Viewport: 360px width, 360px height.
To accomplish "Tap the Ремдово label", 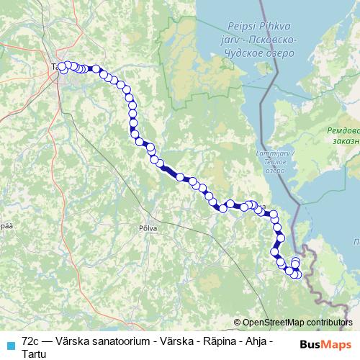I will click(343, 131).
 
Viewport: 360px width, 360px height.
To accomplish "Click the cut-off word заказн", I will click(347, 142).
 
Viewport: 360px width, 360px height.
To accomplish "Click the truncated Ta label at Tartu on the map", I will click(55, 67).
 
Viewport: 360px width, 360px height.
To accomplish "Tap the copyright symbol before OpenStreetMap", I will click(238, 322).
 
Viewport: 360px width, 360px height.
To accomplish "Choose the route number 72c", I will click(30, 338).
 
